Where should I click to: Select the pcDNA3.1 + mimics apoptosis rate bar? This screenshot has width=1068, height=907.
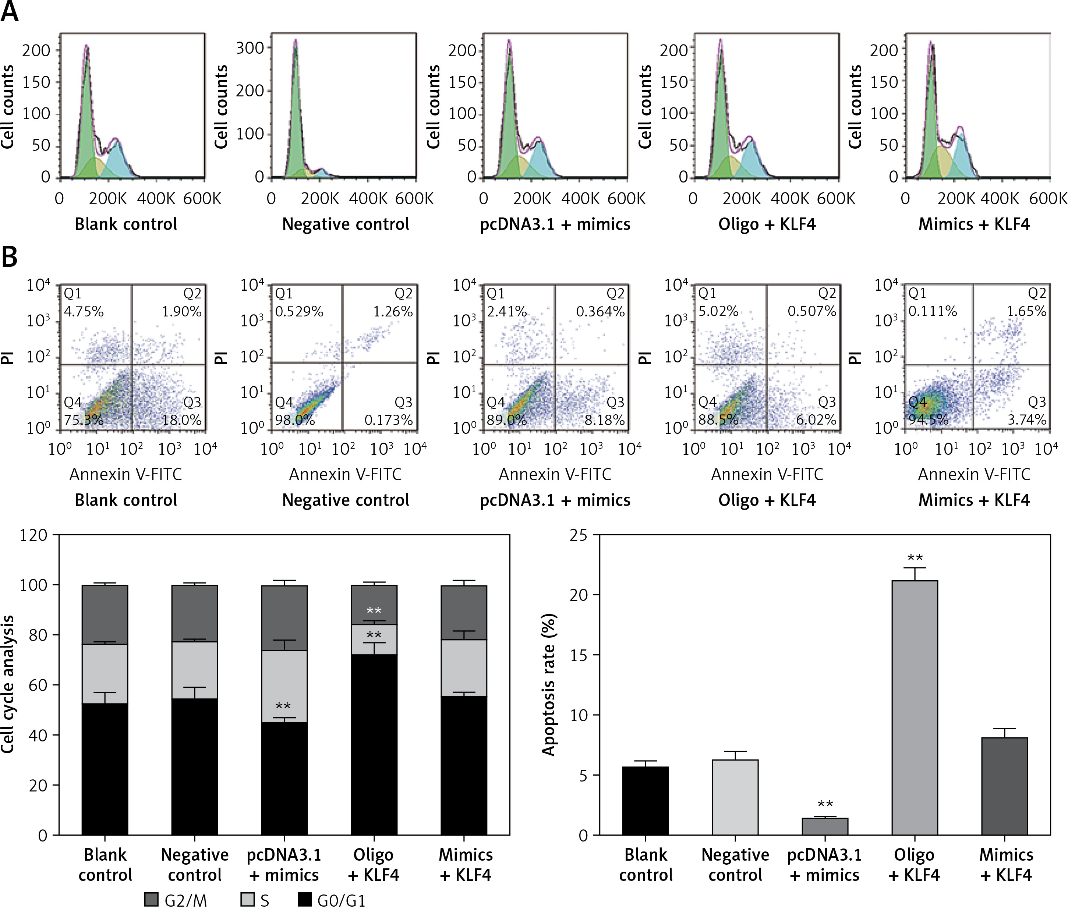(x=825, y=826)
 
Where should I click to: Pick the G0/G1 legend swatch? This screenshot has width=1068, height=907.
(x=305, y=899)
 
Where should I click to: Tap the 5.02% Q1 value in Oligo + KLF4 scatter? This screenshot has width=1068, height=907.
(x=718, y=311)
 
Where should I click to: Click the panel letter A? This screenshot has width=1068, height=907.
(x=10, y=11)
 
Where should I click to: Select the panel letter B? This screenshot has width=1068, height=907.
(x=10, y=256)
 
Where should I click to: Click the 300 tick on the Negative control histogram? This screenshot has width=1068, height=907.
(x=250, y=48)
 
